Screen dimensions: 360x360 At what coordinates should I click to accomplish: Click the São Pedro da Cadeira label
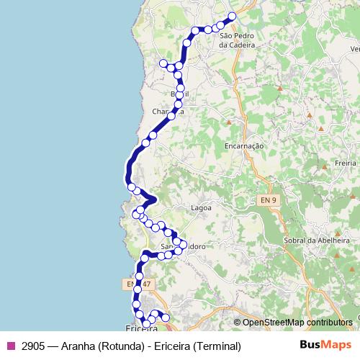pyautogui.click(x=237, y=40)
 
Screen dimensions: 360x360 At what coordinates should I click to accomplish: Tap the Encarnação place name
pyautogui.click(x=246, y=145)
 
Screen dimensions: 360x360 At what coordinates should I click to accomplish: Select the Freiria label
pyautogui.click(x=346, y=163)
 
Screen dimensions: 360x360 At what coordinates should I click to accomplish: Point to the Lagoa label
pyautogui.click(x=200, y=207)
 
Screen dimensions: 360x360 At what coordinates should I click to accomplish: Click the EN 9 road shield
pyautogui.click(x=267, y=199)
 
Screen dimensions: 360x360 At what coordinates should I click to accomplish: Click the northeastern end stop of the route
pyautogui.click(x=232, y=16)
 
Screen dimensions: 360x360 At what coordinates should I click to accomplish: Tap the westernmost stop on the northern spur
pyautogui.click(x=163, y=63)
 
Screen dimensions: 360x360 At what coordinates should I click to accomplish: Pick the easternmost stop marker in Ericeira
pyautogui.click(x=166, y=318)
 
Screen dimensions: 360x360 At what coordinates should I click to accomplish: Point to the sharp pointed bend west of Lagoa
pyautogui.click(x=156, y=197)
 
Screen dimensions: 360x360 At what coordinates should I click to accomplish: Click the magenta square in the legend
pyautogui.click(x=10, y=346)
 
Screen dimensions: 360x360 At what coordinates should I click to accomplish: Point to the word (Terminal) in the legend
pyautogui.click(x=216, y=346)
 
